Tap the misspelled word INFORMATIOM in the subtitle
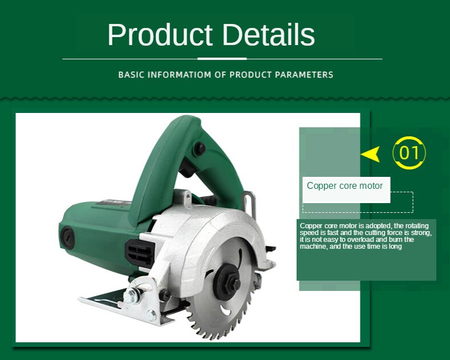[x=176, y=75]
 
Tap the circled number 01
[x=410, y=153]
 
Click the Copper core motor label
[x=344, y=186]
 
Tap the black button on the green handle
[x=199, y=148]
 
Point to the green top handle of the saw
[x=171, y=143]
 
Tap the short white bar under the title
[x=222, y=59]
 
